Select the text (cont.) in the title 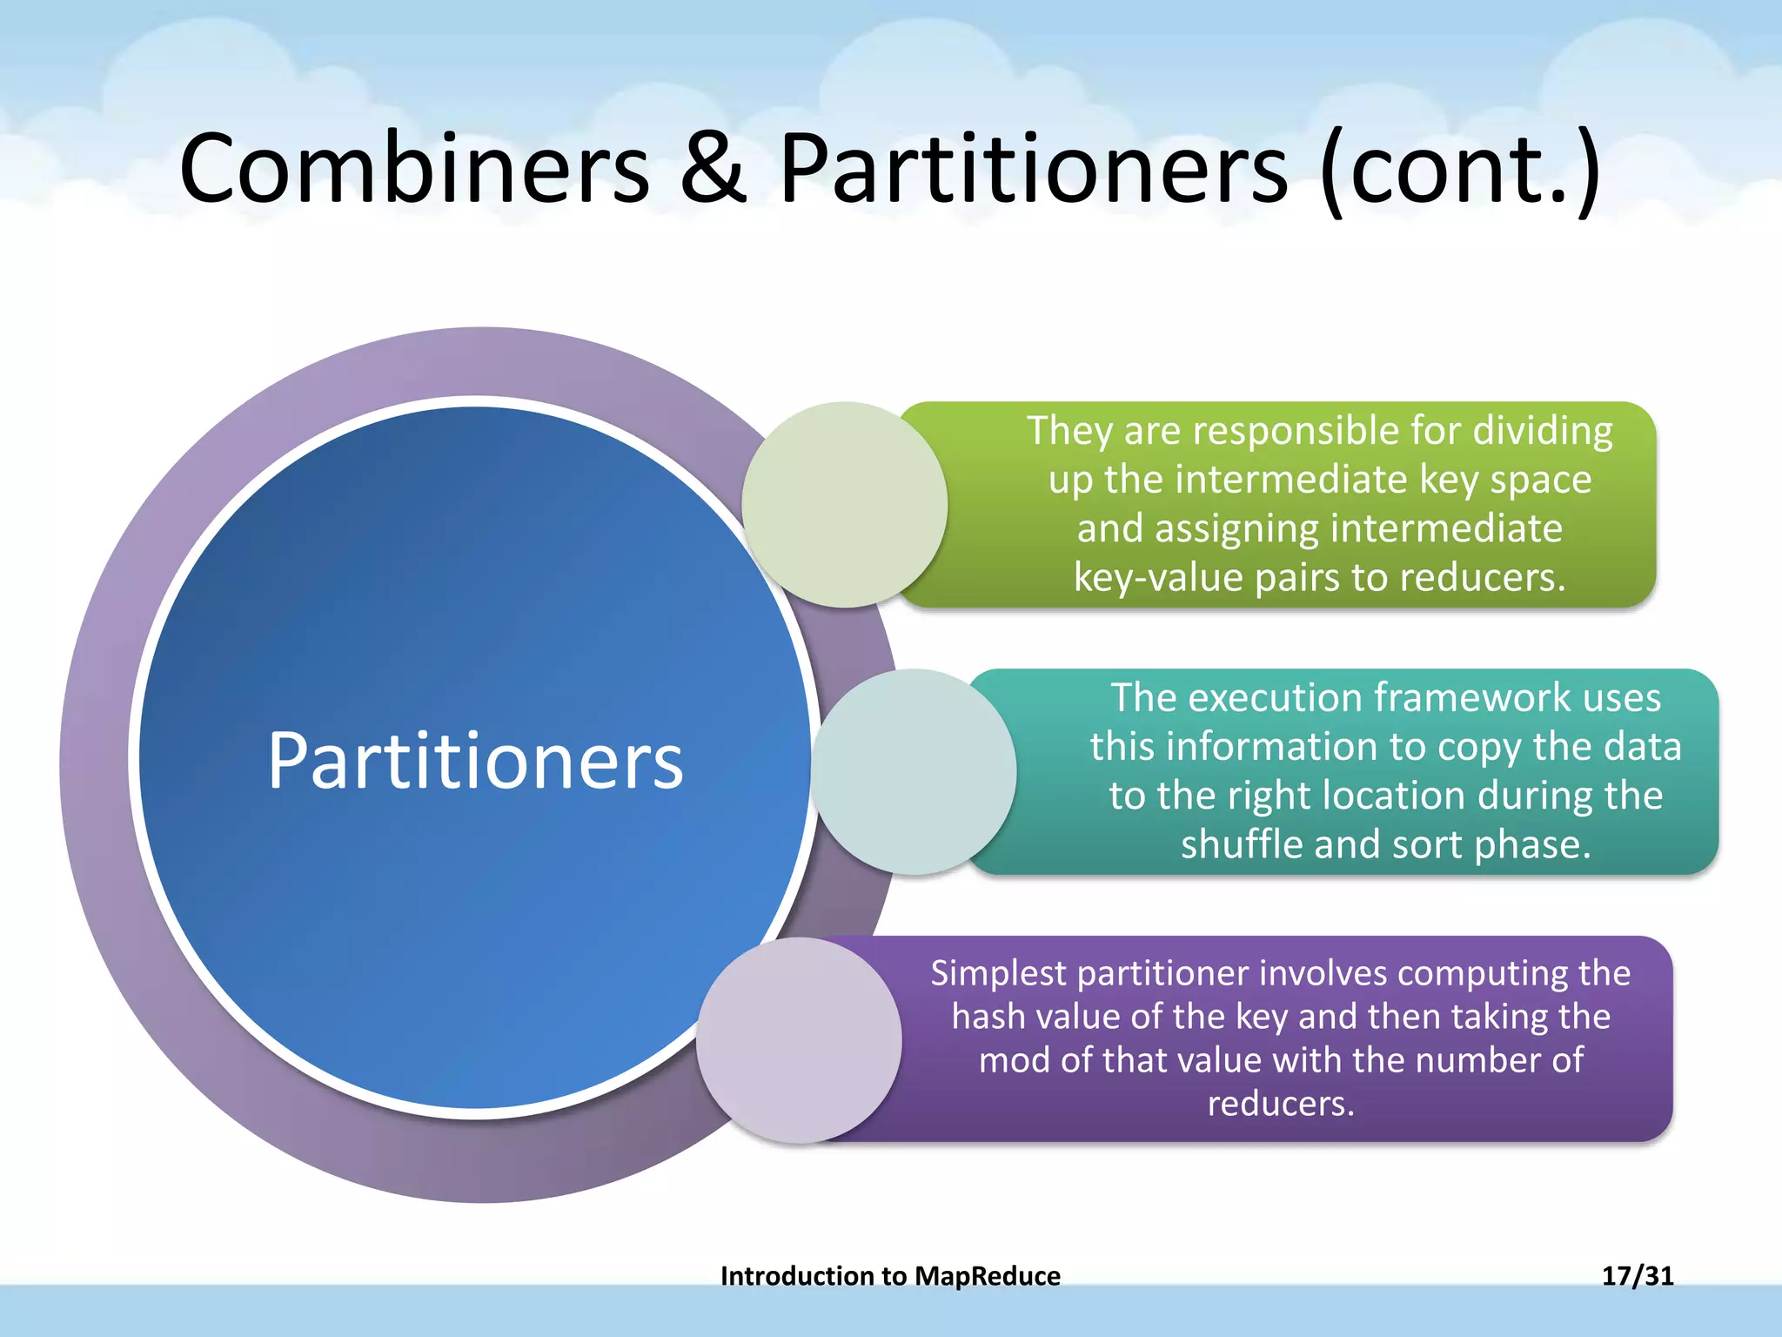[x=1459, y=169]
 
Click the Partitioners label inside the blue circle [x=475, y=761]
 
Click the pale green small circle [x=843, y=505]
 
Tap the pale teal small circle [x=913, y=771]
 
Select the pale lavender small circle [x=798, y=1039]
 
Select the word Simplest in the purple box [x=999, y=973]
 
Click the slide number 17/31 [x=1637, y=1275]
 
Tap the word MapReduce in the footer [x=988, y=1276]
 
